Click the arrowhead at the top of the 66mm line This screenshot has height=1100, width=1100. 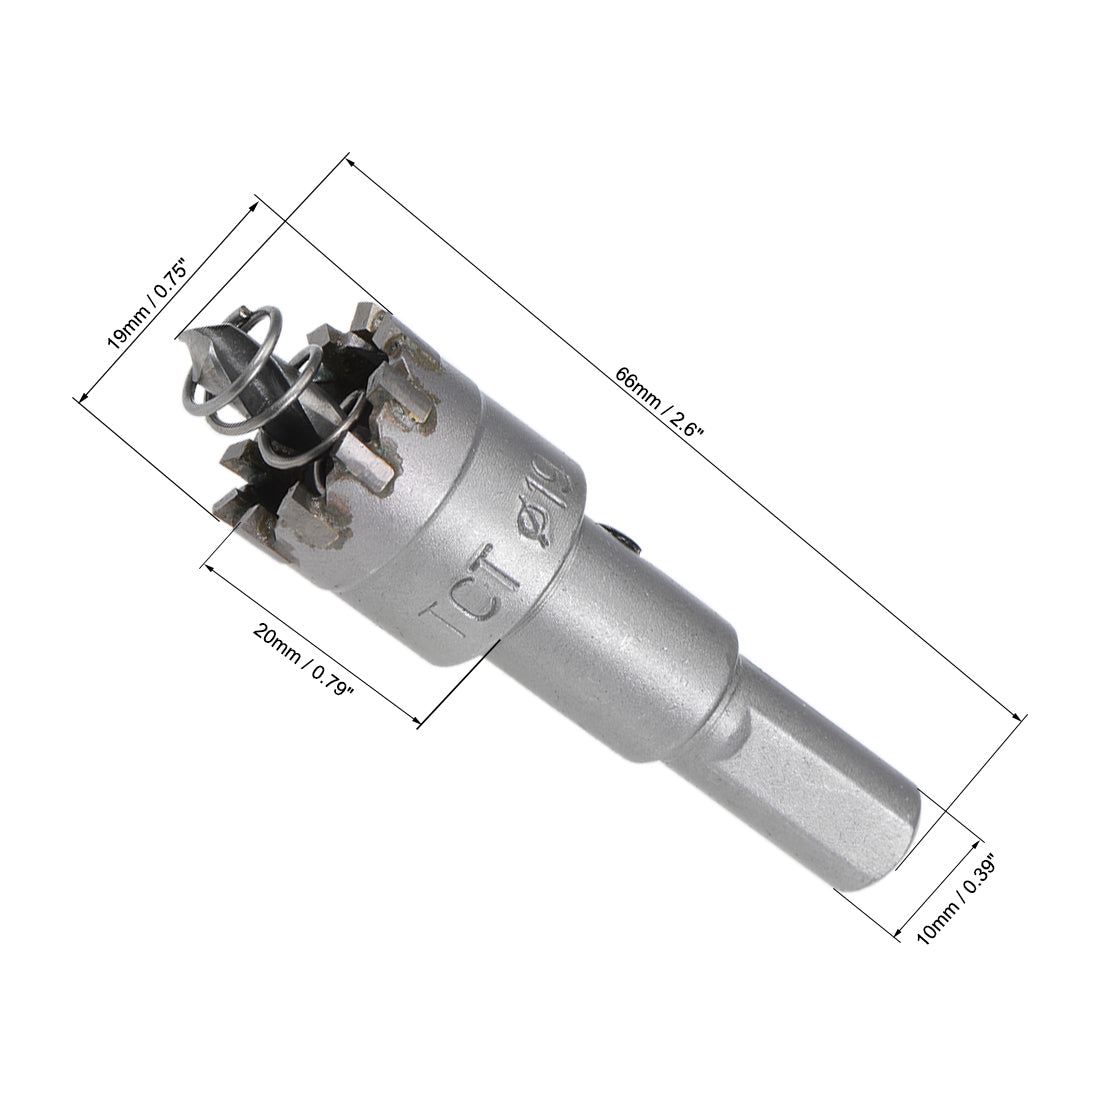point(349,158)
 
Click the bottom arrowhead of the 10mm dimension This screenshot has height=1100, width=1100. point(896,937)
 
